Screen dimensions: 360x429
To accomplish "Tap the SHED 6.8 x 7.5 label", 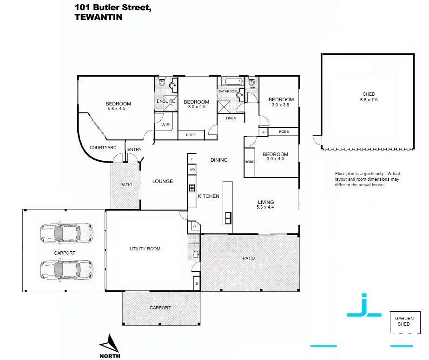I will [x=369, y=97].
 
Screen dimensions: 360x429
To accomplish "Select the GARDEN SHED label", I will [x=404, y=321].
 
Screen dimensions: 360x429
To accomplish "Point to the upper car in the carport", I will [x=66, y=232].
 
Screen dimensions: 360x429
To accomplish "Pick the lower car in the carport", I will [x=66, y=269].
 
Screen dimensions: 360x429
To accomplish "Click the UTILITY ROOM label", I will [x=145, y=249].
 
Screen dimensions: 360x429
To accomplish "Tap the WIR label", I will [x=165, y=125].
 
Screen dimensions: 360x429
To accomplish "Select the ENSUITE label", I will [x=165, y=101].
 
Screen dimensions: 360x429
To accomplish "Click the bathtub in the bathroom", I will [x=230, y=82].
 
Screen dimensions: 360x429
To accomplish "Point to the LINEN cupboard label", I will [x=231, y=118].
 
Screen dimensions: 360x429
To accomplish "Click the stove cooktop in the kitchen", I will [x=191, y=188].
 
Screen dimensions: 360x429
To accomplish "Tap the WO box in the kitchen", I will [x=192, y=170].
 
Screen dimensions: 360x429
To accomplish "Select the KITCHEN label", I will [x=208, y=196].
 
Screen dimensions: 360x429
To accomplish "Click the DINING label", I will [x=219, y=160].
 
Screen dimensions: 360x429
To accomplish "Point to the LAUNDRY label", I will [x=193, y=243].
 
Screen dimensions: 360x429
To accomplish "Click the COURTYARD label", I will [x=103, y=148].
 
